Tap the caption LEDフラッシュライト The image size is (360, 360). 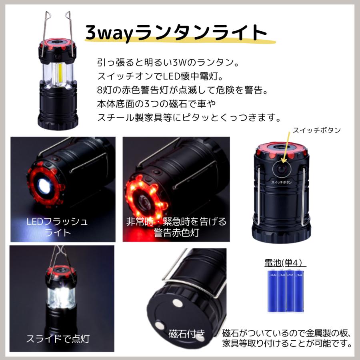pos(57,226)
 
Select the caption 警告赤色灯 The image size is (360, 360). pos(176,232)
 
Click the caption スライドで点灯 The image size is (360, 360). pos(58,339)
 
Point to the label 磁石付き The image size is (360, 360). pos(187,333)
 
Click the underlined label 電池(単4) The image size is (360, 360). pos(285,263)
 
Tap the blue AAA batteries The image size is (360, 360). pos(285,290)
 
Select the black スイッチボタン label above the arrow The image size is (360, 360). pos(317,130)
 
